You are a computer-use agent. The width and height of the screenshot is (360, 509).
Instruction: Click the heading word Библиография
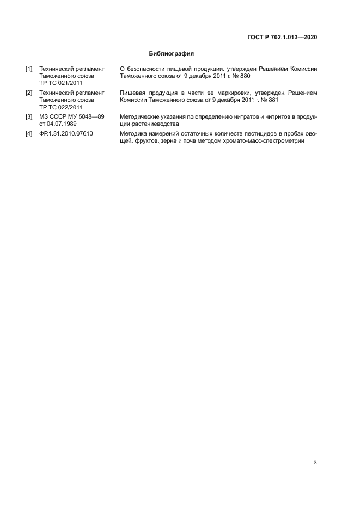[172, 54]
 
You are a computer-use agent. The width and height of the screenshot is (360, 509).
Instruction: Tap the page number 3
[315, 463]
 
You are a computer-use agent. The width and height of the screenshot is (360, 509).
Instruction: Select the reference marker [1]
[29, 69]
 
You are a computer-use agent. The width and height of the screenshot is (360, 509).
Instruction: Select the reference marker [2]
[29, 93]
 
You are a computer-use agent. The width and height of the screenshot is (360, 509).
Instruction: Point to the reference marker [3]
[29, 117]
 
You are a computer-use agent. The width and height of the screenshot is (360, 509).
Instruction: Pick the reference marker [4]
[29, 133]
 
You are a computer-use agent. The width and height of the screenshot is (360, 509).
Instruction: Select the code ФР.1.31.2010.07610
[66, 133]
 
